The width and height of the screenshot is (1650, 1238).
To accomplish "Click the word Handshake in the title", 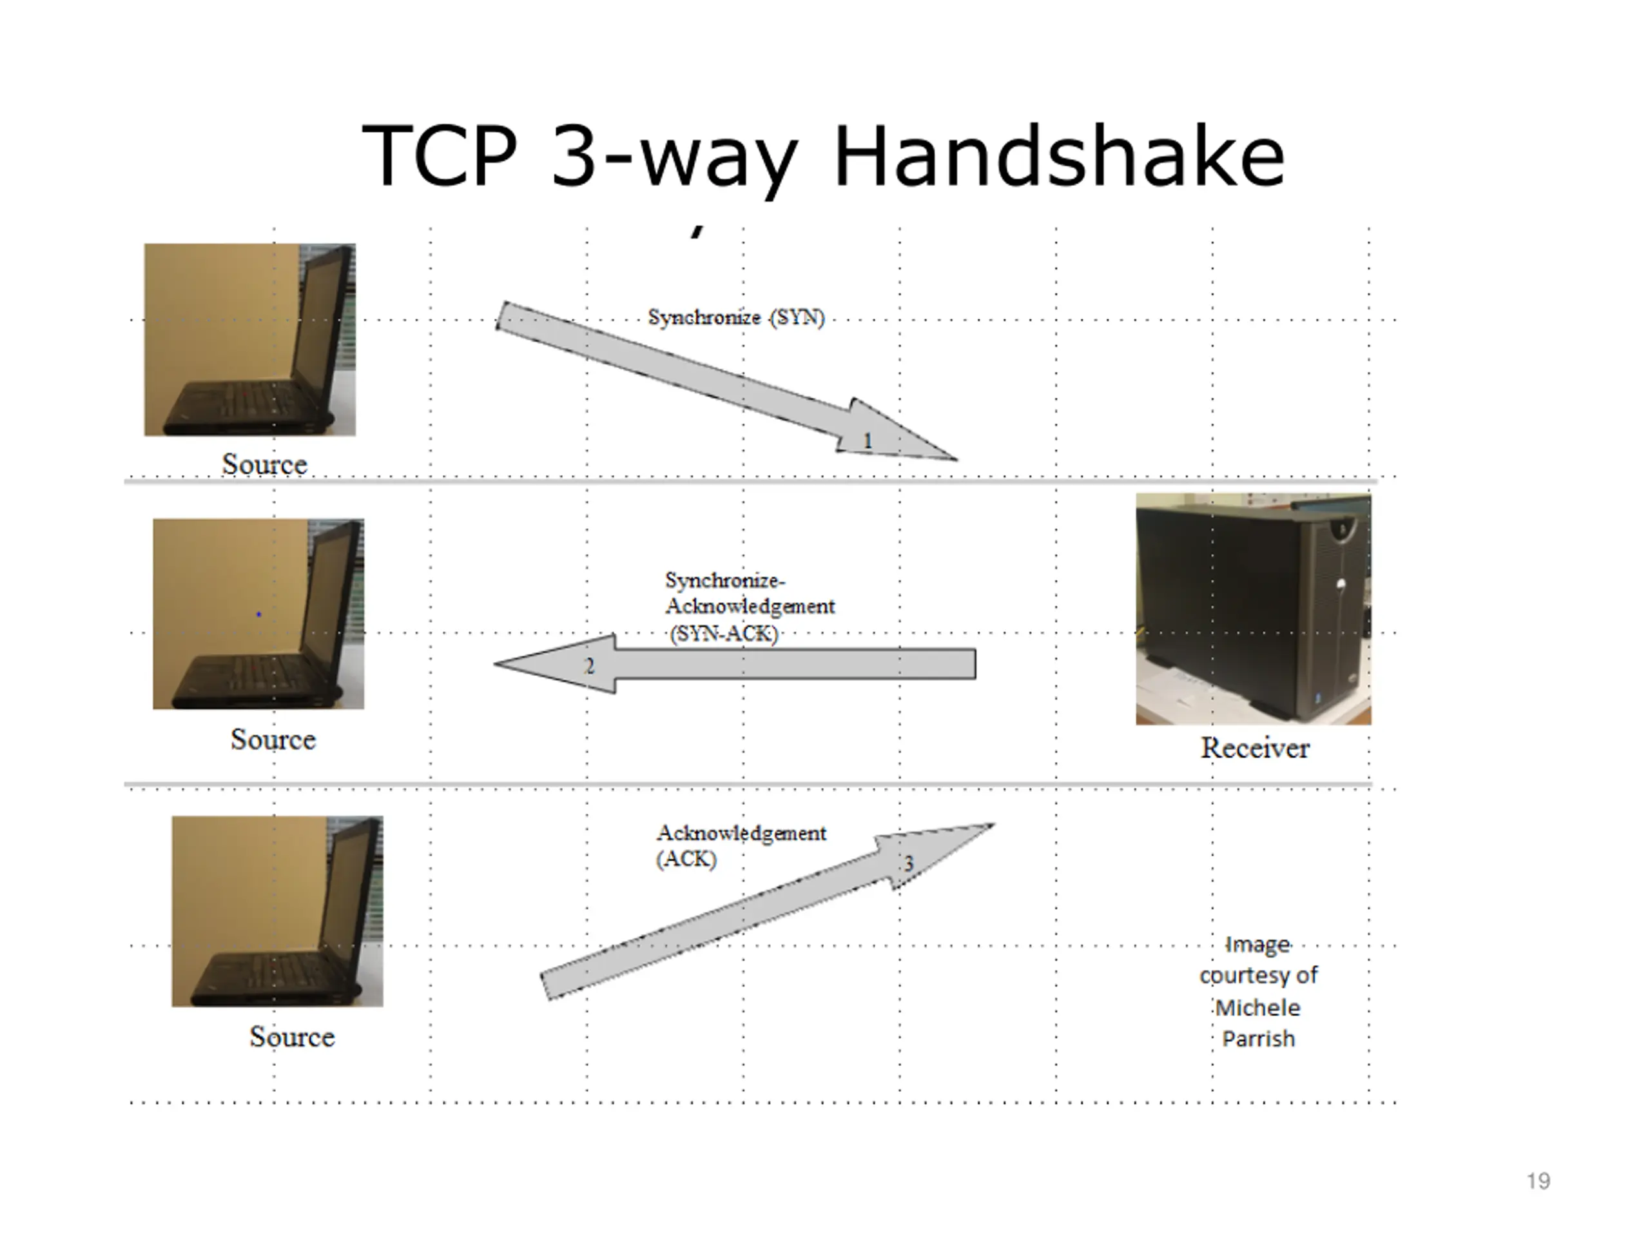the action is [1059, 157].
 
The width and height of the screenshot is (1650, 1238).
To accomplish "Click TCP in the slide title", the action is [440, 157].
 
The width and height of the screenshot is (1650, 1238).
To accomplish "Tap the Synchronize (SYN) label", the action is [736, 317].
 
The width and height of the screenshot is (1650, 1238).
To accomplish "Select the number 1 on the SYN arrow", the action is [868, 441].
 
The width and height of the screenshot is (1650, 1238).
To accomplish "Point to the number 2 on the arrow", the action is [589, 665].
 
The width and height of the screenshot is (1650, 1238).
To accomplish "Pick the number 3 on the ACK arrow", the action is [909, 863].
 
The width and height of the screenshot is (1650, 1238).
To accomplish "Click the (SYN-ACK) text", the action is [724, 634].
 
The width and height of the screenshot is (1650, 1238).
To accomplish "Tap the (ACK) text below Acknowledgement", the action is [686, 859].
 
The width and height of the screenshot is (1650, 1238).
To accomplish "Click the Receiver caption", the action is [1255, 748].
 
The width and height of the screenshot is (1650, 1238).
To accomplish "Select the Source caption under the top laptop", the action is [265, 464].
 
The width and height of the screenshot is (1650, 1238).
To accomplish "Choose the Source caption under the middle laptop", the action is [273, 740].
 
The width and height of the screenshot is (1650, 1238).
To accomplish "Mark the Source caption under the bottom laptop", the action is [292, 1037].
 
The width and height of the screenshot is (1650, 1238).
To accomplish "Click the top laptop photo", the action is [250, 340].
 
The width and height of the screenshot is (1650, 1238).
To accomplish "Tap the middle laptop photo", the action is [258, 613].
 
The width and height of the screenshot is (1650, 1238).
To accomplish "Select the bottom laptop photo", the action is [278, 911].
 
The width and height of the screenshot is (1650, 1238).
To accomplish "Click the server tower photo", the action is [1253, 608].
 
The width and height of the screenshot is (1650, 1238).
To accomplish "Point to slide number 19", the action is [1538, 1181].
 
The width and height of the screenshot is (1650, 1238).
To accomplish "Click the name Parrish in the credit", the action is [1258, 1039].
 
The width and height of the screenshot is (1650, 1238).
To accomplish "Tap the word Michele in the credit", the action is [1257, 1007].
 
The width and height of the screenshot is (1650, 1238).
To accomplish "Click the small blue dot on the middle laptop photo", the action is [259, 614].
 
